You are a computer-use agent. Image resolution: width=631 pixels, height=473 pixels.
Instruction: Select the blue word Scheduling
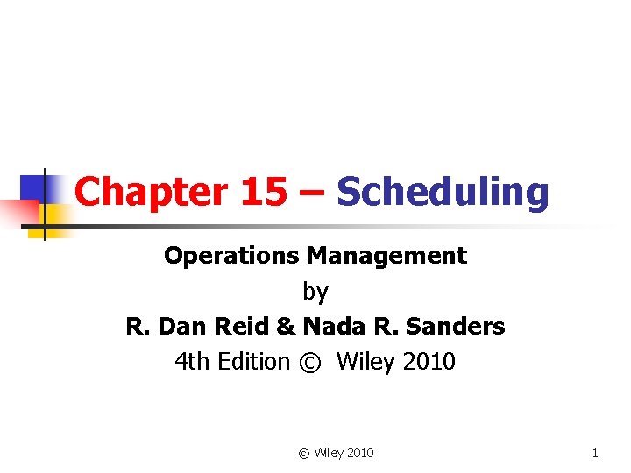(443, 192)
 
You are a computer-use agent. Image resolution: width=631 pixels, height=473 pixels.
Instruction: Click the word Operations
(232, 256)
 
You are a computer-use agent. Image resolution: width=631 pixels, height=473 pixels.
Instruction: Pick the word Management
(386, 256)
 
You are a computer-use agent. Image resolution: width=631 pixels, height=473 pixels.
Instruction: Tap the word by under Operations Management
(315, 292)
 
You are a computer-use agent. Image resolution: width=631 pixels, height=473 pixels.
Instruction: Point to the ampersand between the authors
(286, 327)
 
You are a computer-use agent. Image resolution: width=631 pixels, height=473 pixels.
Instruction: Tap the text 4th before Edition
(195, 361)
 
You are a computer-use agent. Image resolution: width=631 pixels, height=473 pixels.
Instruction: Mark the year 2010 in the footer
(359, 453)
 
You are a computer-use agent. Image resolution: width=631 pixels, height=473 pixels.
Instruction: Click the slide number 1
(595, 453)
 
